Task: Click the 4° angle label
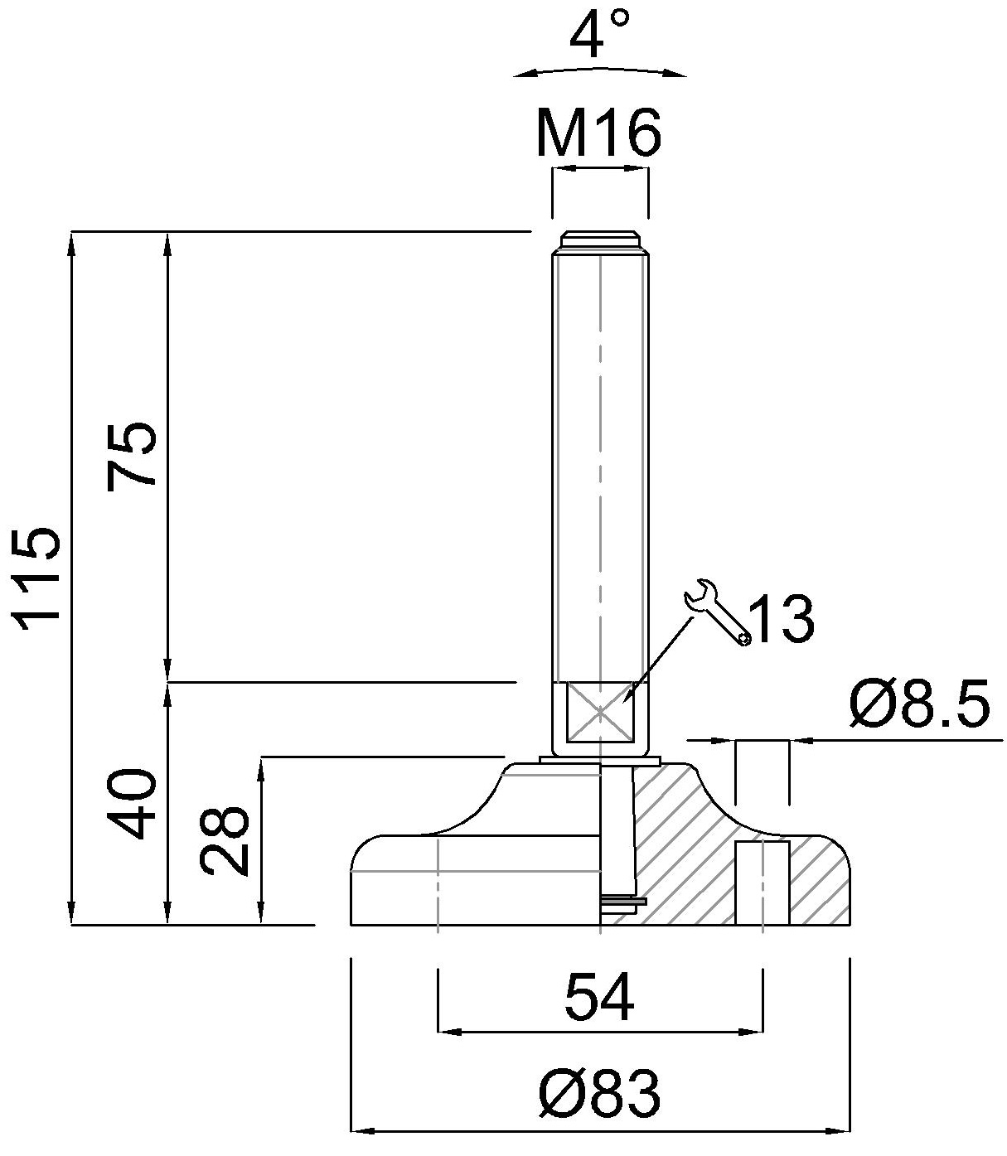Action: (599, 34)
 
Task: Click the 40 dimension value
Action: (131, 803)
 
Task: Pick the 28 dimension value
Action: (225, 841)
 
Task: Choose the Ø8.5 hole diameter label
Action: (920, 703)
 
